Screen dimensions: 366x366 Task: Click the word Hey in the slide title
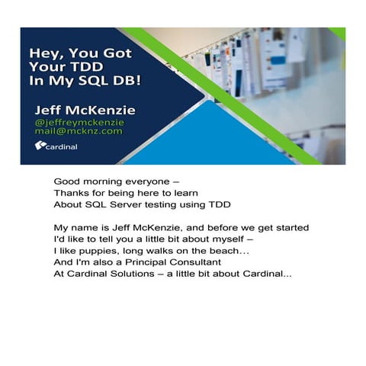[42, 53]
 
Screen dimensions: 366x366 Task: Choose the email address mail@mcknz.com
[78, 132]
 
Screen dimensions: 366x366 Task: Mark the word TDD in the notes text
[219, 204]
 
